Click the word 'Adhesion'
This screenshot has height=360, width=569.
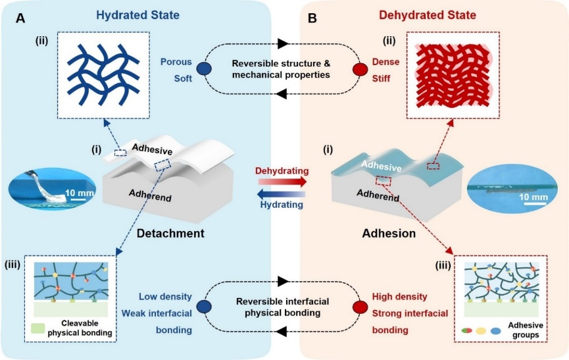click(388, 233)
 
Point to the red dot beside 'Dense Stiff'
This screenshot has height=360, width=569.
click(360, 69)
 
